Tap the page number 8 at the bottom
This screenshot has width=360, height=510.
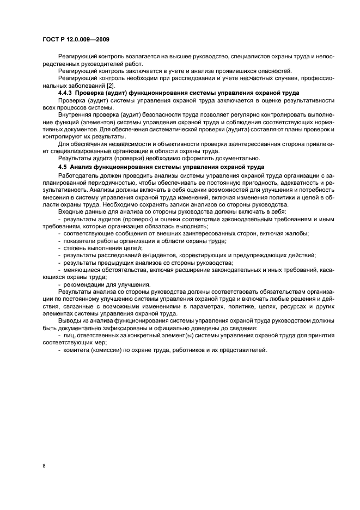45,466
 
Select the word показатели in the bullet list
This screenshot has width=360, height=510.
82,241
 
